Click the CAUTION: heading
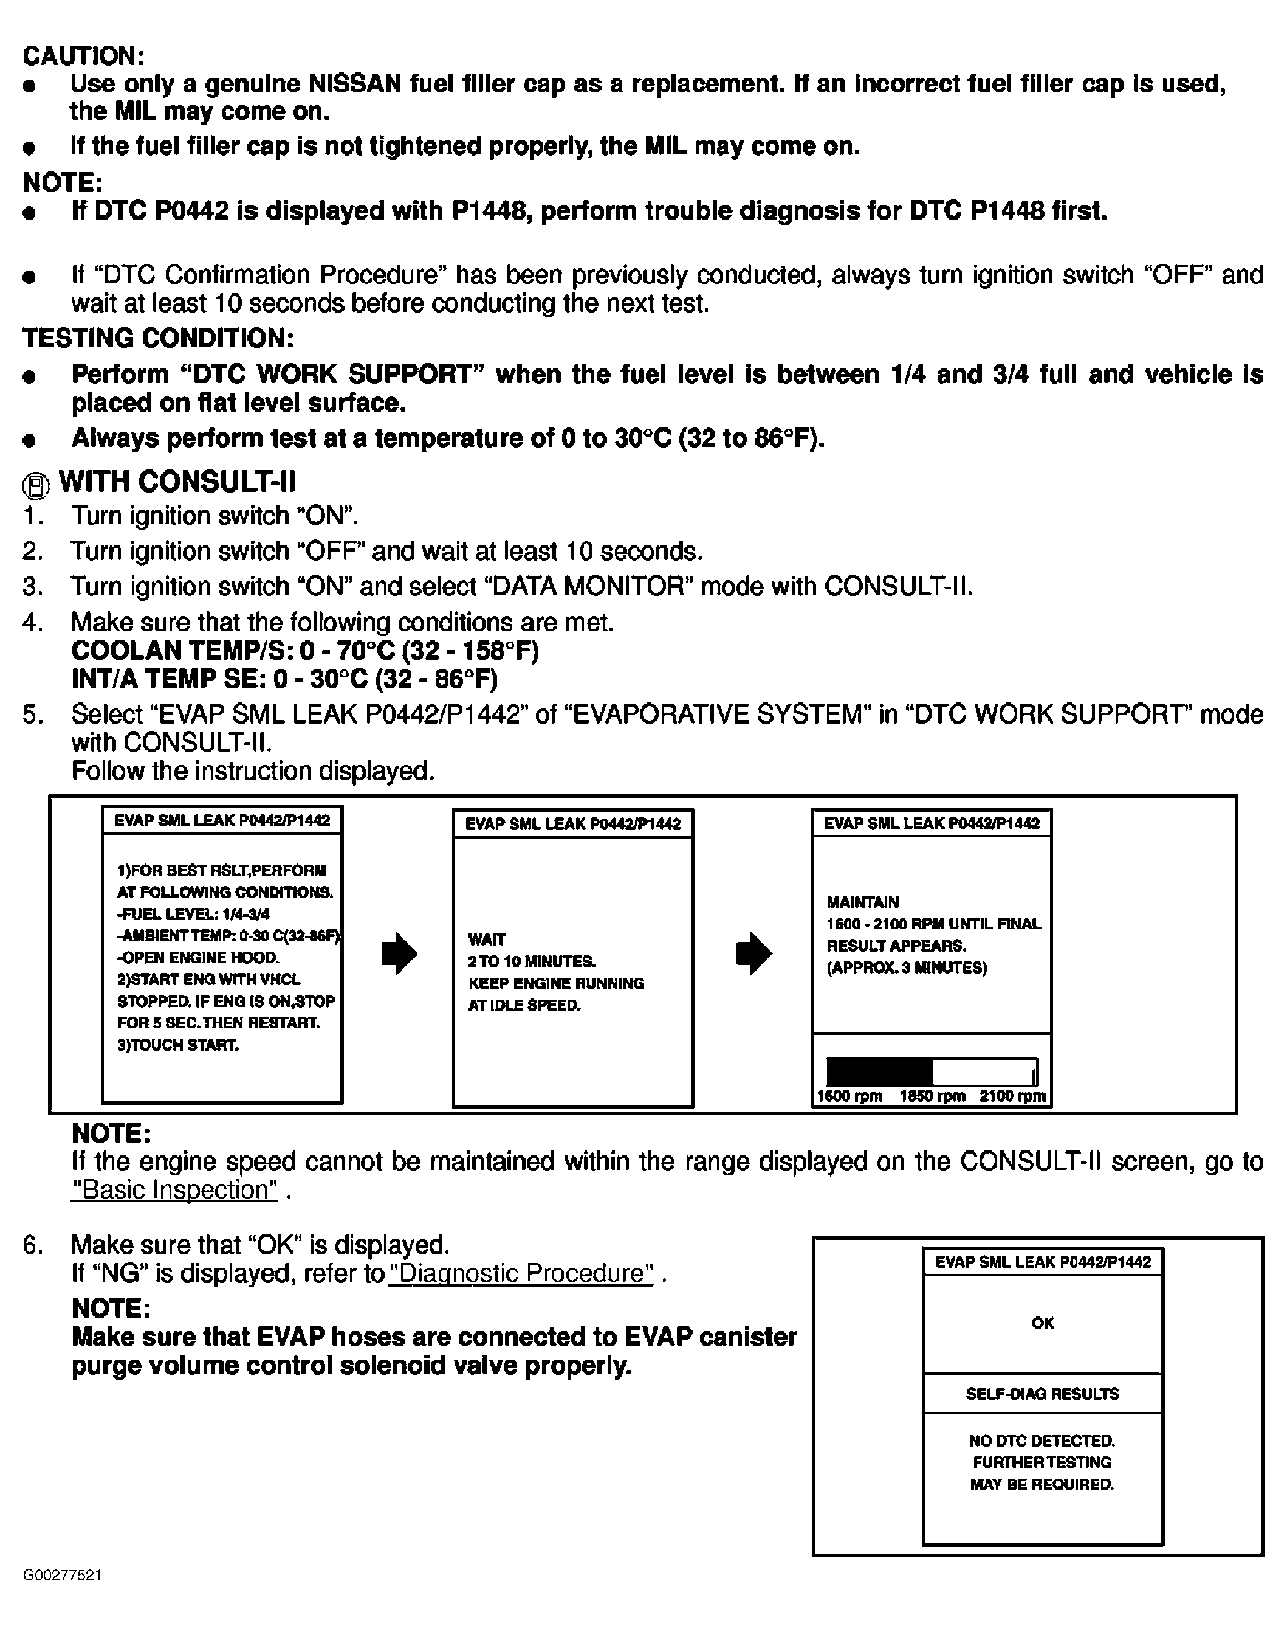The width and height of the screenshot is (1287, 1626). tap(83, 56)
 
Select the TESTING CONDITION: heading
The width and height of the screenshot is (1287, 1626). tap(158, 337)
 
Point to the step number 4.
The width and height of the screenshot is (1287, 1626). tap(31, 622)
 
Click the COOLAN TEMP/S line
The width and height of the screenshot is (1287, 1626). tap(305, 651)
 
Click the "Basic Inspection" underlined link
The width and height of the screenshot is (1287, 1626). tap(174, 1189)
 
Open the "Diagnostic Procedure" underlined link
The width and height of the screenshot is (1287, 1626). tap(521, 1273)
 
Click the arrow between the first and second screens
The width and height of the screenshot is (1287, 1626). tap(399, 954)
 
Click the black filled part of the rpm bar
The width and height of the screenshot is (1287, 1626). tap(879, 1071)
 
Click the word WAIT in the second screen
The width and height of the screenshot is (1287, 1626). tap(487, 939)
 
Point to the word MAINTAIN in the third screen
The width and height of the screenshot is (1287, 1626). tap(863, 902)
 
